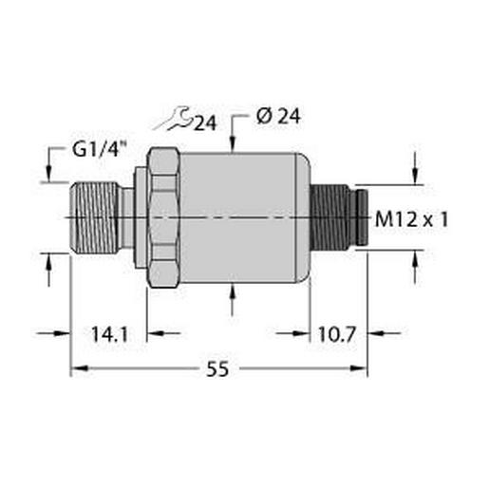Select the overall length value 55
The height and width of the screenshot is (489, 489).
[218, 371]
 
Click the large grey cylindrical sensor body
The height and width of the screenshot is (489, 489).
[242, 218]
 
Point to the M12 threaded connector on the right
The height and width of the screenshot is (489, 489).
[332, 218]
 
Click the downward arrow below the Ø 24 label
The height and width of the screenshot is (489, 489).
[234, 143]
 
